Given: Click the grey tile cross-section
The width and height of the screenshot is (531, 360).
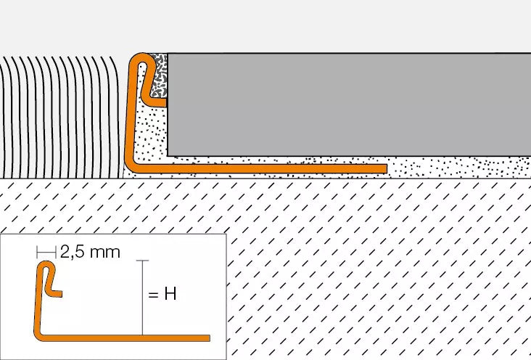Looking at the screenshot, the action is click(349, 105).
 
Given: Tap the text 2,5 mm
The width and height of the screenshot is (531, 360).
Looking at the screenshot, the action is click(90, 252).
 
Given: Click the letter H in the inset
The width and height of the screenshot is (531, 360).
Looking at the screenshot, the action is click(170, 293).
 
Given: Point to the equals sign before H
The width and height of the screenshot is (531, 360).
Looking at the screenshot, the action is click(153, 295).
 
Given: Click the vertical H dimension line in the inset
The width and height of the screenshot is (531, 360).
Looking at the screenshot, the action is click(143, 298).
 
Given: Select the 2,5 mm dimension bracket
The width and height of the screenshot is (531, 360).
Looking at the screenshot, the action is click(46, 252).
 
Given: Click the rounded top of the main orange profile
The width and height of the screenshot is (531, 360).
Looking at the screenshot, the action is click(142, 57).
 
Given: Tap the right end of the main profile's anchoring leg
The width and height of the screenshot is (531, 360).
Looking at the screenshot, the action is click(387, 169).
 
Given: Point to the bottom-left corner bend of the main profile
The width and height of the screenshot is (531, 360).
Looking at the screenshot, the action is click(131, 166).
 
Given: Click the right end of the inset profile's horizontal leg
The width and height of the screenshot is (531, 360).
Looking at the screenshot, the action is click(210, 338).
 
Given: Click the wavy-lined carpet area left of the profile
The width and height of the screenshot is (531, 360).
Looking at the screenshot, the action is click(61, 117).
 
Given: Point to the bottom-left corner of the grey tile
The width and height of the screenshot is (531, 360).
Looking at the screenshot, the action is click(168, 156).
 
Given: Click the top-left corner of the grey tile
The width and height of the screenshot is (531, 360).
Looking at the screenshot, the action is click(168, 54).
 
